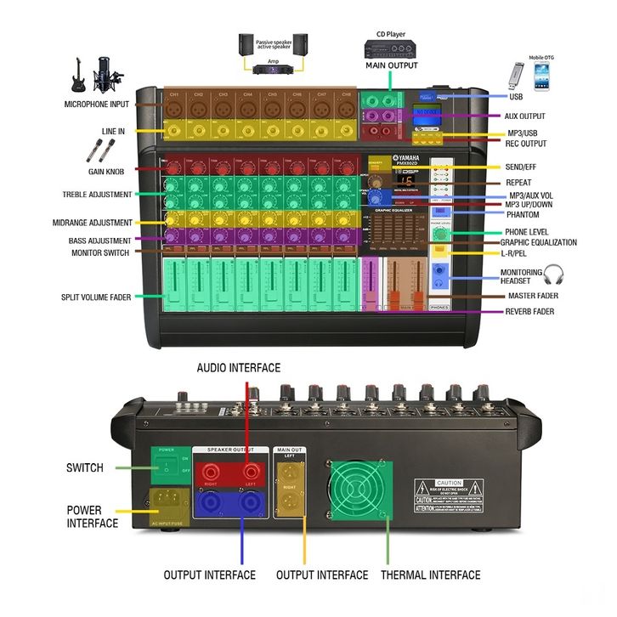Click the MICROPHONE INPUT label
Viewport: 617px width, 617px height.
click(96, 104)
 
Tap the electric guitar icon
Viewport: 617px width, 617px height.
click(76, 74)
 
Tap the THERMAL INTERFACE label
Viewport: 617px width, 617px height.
click(431, 575)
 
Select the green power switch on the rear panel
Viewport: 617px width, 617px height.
click(170, 465)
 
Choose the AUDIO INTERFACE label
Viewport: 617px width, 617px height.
click(238, 368)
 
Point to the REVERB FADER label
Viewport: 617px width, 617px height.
click(530, 312)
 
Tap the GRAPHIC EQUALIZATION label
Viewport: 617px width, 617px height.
click(538, 242)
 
